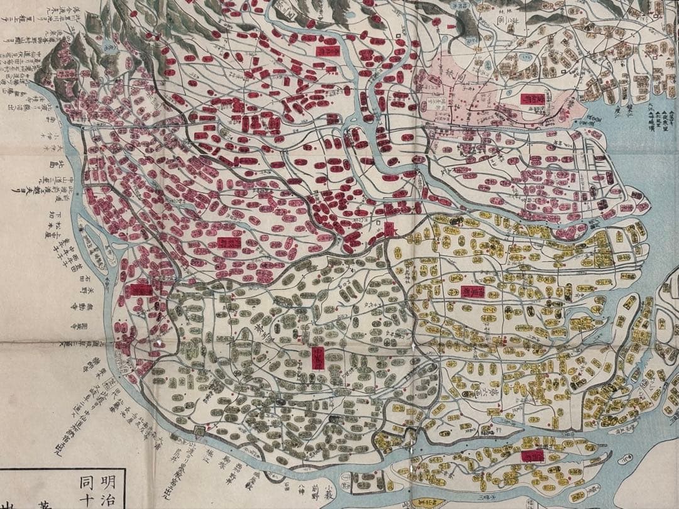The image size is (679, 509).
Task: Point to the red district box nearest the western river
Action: (x=141, y=290)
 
